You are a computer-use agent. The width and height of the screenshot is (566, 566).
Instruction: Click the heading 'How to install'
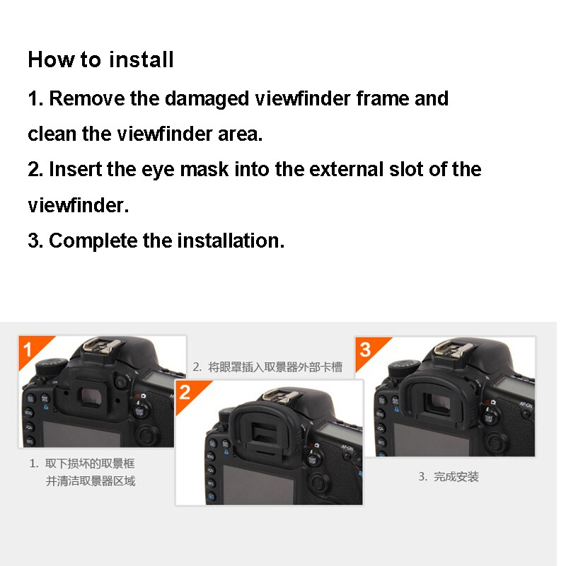[x=100, y=59]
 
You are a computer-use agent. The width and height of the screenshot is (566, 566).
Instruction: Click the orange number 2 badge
[x=186, y=391]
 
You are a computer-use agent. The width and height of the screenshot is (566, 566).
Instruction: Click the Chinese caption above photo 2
[x=267, y=366]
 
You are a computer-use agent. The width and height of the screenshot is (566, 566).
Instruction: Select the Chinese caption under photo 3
[x=449, y=477]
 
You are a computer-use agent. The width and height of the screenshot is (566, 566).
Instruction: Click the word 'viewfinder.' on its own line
[x=79, y=205]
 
